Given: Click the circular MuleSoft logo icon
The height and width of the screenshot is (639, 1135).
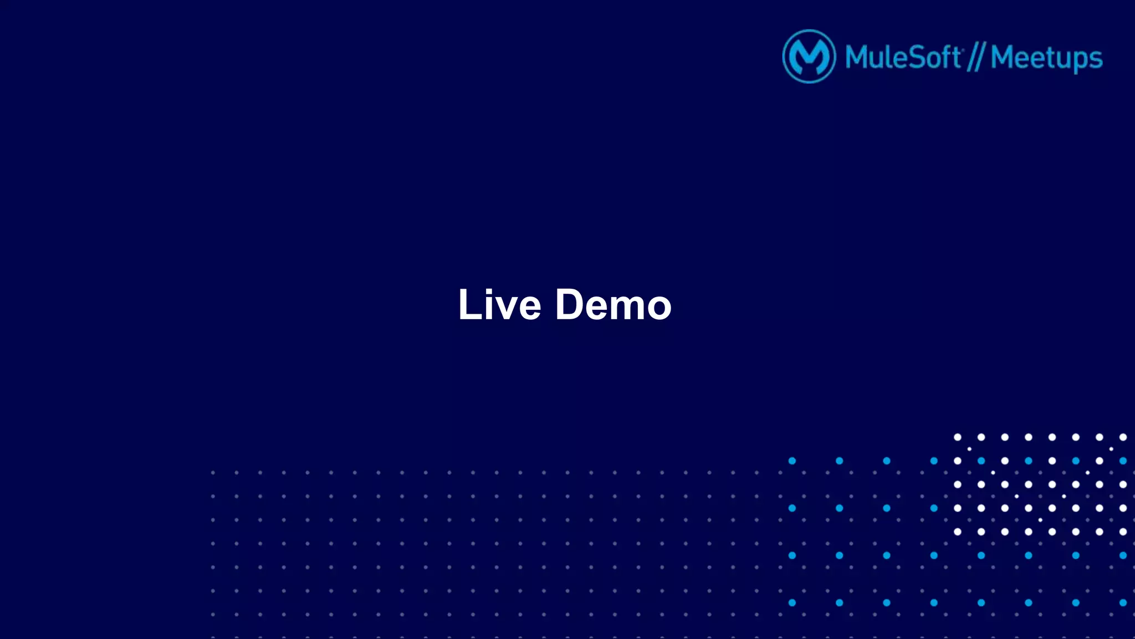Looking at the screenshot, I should tap(809, 57).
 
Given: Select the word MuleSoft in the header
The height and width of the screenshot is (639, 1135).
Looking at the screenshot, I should tap(903, 57).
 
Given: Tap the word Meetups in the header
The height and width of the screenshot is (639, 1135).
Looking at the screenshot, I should tap(1046, 58).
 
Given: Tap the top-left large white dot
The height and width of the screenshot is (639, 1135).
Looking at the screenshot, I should tap(957, 437).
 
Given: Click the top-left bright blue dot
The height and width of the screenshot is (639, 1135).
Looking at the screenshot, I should tap(792, 461).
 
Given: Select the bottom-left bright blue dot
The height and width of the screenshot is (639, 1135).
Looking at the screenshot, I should tap(792, 602).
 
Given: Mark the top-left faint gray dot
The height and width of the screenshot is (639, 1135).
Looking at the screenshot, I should tap(213, 473).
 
